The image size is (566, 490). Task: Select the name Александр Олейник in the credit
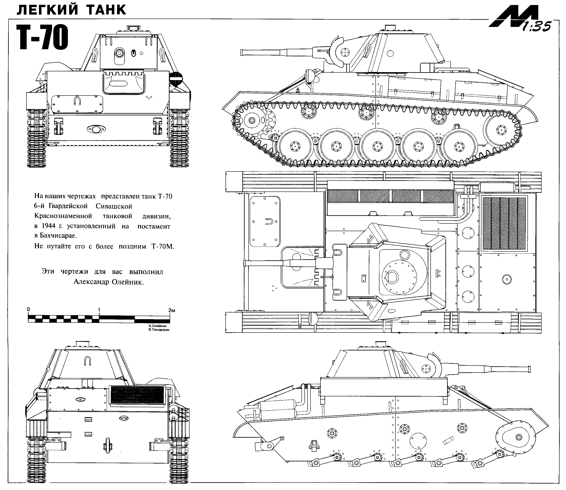(x=108, y=282)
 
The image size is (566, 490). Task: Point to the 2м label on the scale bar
(x=172, y=310)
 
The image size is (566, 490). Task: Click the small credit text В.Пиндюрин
(x=159, y=330)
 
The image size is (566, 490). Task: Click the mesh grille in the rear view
(x=137, y=395)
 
